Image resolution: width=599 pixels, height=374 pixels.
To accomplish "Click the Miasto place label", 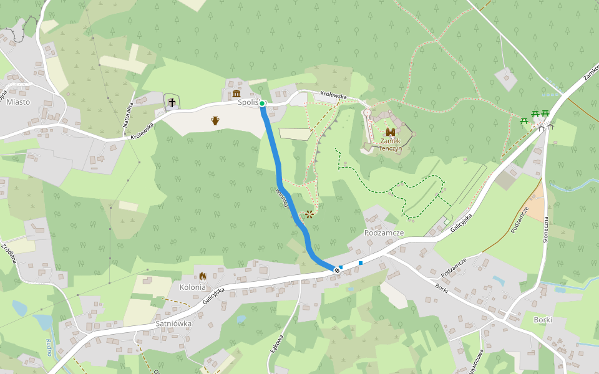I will (x=17, y=102).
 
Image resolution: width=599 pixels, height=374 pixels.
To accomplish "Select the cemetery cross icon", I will (x=172, y=102).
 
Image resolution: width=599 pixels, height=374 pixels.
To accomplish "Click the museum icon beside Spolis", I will (x=236, y=94).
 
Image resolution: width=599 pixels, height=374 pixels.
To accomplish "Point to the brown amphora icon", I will (x=215, y=120).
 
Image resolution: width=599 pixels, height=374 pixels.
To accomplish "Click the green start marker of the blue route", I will (x=263, y=103).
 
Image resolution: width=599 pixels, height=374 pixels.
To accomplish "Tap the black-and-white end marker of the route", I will (x=337, y=270).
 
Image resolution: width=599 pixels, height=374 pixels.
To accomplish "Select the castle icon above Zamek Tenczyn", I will (x=391, y=133).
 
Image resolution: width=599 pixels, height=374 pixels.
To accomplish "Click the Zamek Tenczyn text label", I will (x=391, y=145).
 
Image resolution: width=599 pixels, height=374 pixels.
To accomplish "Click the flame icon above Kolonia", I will (x=202, y=276).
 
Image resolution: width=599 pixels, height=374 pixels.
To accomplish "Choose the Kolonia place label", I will (x=193, y=287).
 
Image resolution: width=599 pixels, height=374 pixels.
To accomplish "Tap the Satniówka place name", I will (x=173, y=324).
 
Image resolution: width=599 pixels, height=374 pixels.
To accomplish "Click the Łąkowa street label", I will (x=277, y=345).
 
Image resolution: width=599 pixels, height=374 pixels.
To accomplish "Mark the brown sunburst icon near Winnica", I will (x=309, y=215).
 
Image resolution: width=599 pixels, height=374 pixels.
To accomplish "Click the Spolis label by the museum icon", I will (x=248, y=102).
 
